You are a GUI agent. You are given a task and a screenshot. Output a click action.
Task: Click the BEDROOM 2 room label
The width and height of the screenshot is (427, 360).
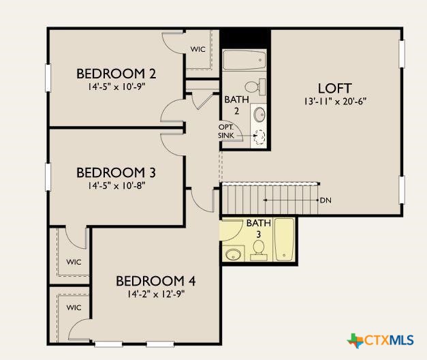pos(116,74)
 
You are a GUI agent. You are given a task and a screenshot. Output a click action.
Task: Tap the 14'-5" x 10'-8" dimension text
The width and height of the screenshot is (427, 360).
pos(116,185)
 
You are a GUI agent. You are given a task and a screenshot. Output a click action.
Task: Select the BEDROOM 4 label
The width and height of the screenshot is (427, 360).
pos(156,281)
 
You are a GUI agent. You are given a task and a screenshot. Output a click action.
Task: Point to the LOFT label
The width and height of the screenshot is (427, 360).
pos(335,89)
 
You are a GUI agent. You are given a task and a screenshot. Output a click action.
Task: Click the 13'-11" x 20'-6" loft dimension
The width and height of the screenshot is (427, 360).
pos(335,102)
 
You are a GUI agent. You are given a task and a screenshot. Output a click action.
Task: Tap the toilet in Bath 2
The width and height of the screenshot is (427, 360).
pos(255,87)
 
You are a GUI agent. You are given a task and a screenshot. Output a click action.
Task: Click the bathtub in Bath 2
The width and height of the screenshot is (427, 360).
pos(244,60)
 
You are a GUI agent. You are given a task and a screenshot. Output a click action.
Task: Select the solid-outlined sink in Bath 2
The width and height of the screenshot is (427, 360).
pos(259,115)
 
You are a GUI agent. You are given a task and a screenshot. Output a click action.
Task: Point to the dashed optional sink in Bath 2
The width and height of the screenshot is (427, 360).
pos(259,136)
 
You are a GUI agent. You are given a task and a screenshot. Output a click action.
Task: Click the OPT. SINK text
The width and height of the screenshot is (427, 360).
pos(226,131)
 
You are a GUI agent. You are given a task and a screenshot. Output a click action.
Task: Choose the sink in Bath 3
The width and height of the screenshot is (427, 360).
pos(233,254)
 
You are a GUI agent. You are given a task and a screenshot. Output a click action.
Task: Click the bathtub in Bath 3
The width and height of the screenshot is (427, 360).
pos(284,239)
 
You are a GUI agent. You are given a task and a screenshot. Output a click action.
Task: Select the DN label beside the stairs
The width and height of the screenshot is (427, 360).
pos(326,200)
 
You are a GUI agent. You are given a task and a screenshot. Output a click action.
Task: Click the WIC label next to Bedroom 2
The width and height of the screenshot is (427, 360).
pos(198,49)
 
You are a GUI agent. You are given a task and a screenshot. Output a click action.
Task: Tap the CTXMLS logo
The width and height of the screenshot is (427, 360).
pos(381,340)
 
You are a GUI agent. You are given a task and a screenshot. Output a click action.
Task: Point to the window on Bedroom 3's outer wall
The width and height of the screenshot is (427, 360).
pos(48,177)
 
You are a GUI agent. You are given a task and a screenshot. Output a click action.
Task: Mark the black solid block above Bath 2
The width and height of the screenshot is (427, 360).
pos(245,38)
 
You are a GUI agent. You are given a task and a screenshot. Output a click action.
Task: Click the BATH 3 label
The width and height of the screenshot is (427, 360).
pos(259,228)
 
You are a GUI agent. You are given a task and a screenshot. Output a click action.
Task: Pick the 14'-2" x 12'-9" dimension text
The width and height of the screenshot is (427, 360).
pos(156,294)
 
